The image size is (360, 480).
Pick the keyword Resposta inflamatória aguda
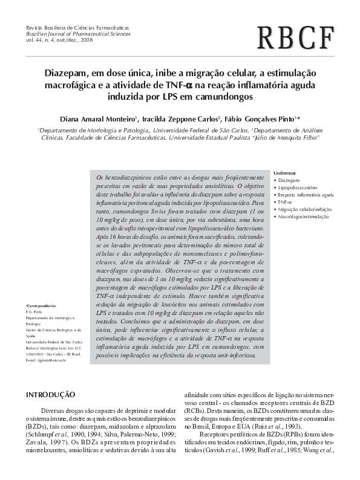click(306, 195)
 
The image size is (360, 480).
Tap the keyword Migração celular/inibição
click(305, 209)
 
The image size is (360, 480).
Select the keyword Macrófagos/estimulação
click(303, 216)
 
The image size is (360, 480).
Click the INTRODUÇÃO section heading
click(50, 394)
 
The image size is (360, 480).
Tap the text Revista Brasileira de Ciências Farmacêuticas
click(74, 29)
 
